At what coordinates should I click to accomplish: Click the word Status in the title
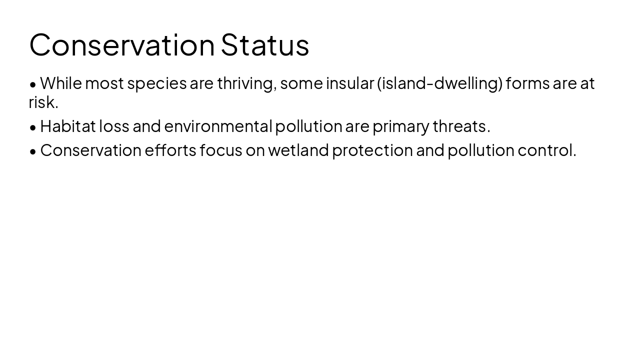tap(265, 45)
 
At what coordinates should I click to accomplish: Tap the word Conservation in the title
tap(122, 45)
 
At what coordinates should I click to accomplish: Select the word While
tap(61, 83)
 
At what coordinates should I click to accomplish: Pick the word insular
tap(350, 83)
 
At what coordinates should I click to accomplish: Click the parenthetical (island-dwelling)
tap(440, 83)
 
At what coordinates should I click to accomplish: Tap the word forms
tap(527, 83)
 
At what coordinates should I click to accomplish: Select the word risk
tap(43, 102)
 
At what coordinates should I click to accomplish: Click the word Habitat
tap(67, 126)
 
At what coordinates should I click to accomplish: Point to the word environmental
tap(218, 126)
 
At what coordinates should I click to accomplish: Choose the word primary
tap(400, 126)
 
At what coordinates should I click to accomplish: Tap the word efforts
tap(170, 150)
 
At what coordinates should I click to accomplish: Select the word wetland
tap(298, 150)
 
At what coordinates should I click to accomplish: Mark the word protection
tap(372, 150)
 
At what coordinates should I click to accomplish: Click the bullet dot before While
tap(33, 85)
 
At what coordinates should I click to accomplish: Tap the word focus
tap(221, 150)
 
